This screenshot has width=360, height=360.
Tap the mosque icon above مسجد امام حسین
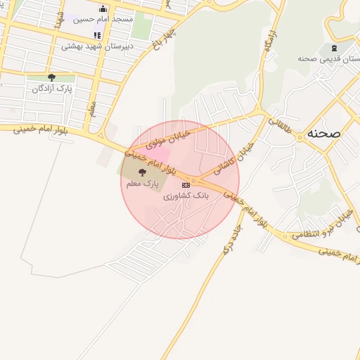coord(104,8)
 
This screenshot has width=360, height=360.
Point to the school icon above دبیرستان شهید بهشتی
coord(97,35)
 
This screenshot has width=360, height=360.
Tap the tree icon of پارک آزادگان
coord(51,77)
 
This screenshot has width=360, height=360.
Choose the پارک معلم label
coord(142,184)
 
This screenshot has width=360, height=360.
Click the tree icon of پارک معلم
coord(142,172)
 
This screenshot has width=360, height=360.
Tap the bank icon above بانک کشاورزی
coord(186,184)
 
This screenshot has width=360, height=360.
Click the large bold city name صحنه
coord(324,133)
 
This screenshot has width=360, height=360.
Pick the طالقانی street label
coord(278,127)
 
